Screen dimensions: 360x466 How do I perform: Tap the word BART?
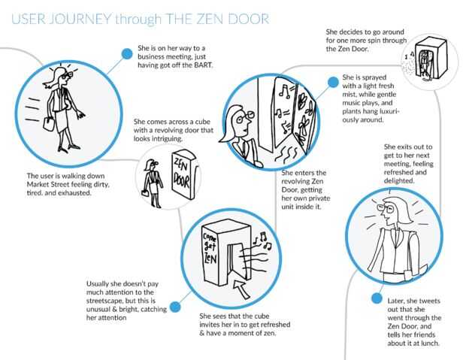[x=203, y=65]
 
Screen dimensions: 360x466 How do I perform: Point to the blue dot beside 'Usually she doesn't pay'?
[x=174, y=307]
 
